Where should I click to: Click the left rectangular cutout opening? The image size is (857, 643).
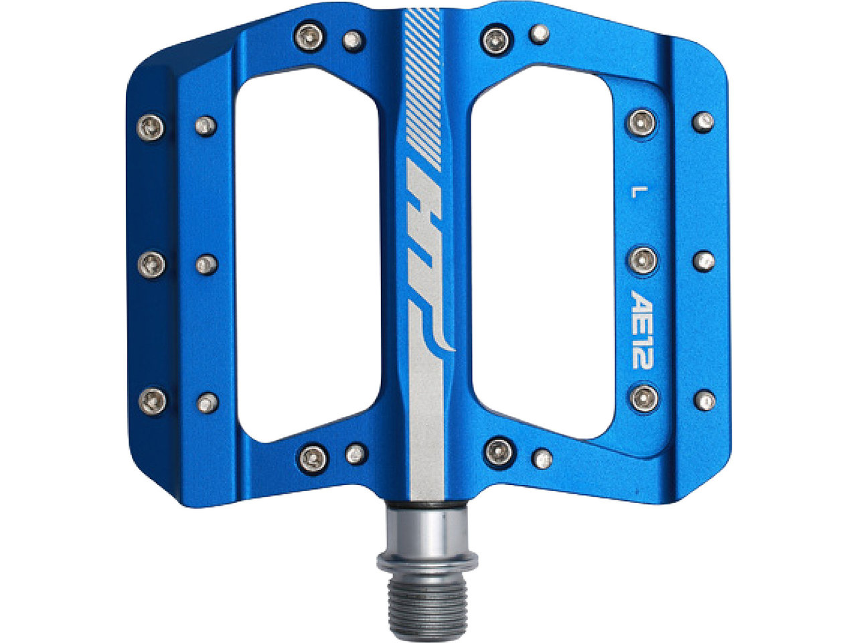[x=308, y=258]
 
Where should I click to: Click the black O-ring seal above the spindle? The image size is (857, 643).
[x=426, y=506]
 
